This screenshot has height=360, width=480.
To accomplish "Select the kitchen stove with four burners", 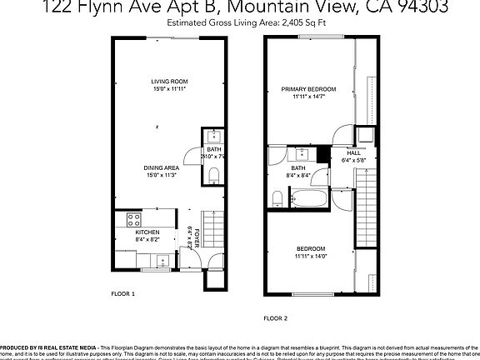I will [132, 221].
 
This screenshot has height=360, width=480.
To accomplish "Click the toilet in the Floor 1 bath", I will [214, 174].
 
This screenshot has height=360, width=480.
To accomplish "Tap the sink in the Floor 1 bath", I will [212, 137].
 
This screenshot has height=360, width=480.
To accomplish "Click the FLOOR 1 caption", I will [122, 294].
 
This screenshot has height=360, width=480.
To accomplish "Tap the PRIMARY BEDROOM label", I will [308, 88].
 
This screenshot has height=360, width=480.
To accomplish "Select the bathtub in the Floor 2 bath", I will [312, 198].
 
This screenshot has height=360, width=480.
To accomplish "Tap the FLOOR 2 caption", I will [275, 318].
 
